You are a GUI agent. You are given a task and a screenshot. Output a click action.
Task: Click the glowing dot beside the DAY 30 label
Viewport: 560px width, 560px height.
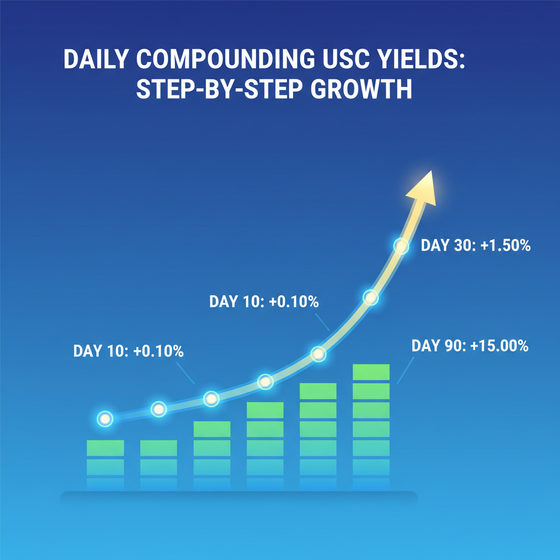[401, 247]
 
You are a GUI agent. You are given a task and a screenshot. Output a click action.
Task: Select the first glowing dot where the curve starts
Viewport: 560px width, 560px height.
[104, 419]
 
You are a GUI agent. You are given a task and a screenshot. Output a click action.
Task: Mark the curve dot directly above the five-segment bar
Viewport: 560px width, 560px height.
[265, 382]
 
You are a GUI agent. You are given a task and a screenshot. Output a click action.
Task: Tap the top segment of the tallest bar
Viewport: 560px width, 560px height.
[371, 372]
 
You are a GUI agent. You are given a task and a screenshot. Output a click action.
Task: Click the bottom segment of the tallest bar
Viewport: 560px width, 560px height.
[371, 484]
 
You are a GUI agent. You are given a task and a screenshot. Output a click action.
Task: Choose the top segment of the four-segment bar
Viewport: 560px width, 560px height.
[212, 429]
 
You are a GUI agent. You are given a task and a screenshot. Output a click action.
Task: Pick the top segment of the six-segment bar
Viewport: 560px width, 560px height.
[318, 391]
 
